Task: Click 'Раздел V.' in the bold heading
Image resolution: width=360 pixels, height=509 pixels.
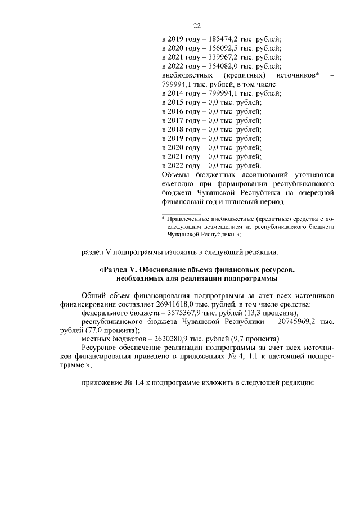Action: coord(121,270)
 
